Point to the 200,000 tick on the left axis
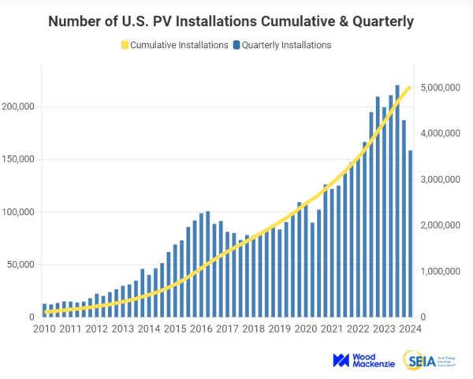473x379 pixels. (20, 107)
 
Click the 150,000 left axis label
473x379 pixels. (20, 159)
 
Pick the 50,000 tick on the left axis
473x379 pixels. (22, 264)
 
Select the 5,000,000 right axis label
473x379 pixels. (441, 87)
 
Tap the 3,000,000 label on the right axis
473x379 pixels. (441, 180)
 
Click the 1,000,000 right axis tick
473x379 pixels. (441, 271)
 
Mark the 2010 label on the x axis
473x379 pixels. (44, 329)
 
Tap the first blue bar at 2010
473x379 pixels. (44, 310)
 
